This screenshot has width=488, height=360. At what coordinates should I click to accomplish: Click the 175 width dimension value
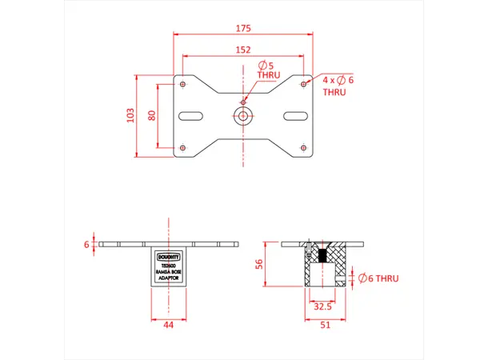[244, 28]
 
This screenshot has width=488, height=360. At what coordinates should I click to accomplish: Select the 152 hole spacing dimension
[244, 50]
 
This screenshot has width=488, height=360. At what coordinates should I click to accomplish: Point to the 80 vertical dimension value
[151, 115]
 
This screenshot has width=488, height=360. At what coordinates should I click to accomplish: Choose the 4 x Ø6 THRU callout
[337, 86]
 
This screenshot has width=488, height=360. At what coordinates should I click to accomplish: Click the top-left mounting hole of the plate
[184, 84]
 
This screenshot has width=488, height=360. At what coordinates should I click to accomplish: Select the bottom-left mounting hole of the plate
[184, 147]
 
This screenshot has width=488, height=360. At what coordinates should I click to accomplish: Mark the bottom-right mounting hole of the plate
[303, 147]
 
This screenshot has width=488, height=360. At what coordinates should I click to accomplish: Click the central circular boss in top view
[243, 115]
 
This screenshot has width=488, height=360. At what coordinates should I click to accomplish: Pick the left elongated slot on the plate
[193, 115]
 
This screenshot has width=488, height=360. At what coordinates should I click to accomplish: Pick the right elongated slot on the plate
[294, 115]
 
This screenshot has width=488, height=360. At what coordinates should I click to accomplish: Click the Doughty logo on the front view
[169, 256]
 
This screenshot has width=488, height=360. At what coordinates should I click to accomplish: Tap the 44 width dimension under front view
[169, 326]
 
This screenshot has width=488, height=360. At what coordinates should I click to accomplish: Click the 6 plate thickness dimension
[86, 244]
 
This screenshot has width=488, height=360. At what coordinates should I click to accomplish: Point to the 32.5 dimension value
[324, 306]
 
